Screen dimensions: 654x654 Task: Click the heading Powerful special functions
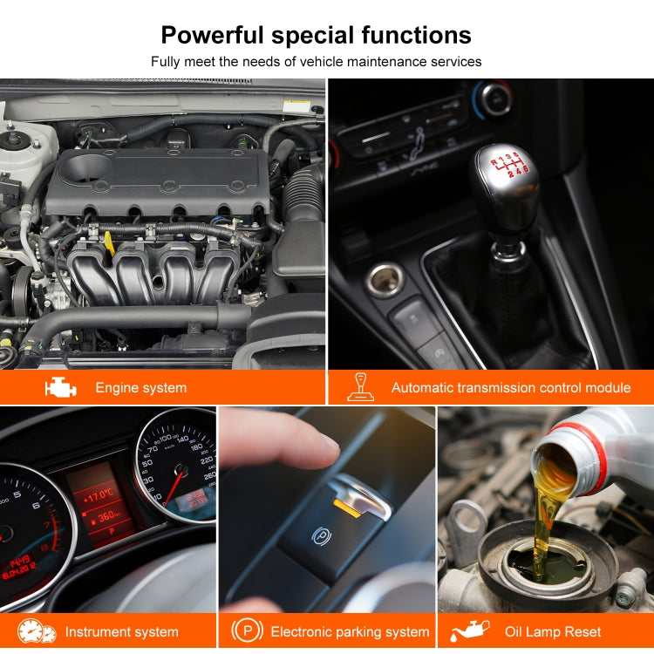(316, 35)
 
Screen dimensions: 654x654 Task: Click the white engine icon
(60, 387)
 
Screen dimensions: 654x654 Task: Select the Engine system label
(140, 388)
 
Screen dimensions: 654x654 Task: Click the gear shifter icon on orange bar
(359, 387)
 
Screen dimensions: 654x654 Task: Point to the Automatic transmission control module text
(510, 388)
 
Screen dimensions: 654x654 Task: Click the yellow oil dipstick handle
(109, 242)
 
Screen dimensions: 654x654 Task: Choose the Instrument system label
(121, 632)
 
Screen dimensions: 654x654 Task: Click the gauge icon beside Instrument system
(37, 631)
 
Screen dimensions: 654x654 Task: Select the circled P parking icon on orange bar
(247, 631)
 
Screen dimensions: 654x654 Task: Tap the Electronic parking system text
(350, 632)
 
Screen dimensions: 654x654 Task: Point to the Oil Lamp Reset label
(553, 632)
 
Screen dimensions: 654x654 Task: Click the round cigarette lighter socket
(385, 281)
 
